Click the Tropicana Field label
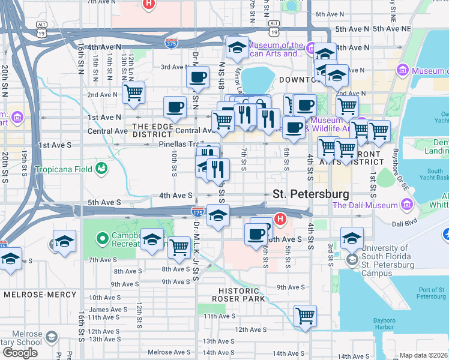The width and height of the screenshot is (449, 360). pyautogui.click(x=62, y=170)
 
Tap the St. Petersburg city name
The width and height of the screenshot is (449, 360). pyautogui.click(x=310, y=194)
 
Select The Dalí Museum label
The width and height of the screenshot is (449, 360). pyautogui.click(x=365, y=205)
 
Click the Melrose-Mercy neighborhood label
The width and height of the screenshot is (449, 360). pyautogui.click(x=40, y=295)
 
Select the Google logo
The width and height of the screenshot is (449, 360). pyautogui.click(x=20, y=352)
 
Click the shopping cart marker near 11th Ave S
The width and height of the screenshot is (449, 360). pyautogui.click(x=306, y=315)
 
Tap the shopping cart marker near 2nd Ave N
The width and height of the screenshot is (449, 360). pyautogui.click(x=133, y=92)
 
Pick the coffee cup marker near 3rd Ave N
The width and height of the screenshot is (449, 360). pyautogui.click(x=197, y=77)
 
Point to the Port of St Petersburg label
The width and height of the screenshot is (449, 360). pyautogui.click(x=432, y=293)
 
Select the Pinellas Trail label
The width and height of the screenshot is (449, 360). pyautogui.click(x=178, y=145)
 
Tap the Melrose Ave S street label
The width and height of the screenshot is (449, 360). pyautogui.click(x=169, y=352)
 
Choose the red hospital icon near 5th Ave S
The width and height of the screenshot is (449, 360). pyautogui.click(x=279, y=218)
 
